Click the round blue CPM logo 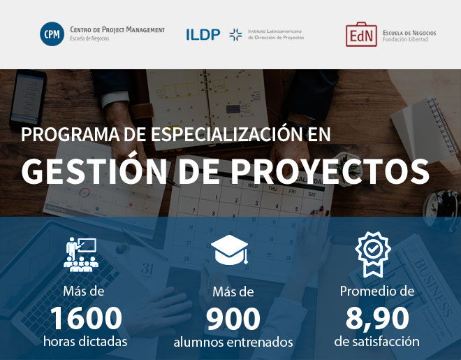click(52, 34)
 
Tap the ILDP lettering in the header click(203, 34)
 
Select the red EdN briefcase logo click(361, 34)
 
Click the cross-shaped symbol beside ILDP click(235, 35)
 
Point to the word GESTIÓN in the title click(94, 171)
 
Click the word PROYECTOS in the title click(330, 171)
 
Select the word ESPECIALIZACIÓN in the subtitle click(227, 134)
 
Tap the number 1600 click(86, 318)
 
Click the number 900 click(233, 319)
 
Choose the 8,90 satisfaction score click(377, 319)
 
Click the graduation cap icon click(230, 250)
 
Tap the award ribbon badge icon click(373, 254)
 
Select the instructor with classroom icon click(81, 254)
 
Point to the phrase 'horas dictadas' click(85, 341)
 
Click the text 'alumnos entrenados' click(233, 342)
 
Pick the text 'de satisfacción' click(377, 341)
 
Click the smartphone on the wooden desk click(28, 99)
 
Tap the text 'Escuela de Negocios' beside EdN click(409, 33)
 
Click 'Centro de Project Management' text click(117, 29)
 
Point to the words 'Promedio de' click(377, 291)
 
